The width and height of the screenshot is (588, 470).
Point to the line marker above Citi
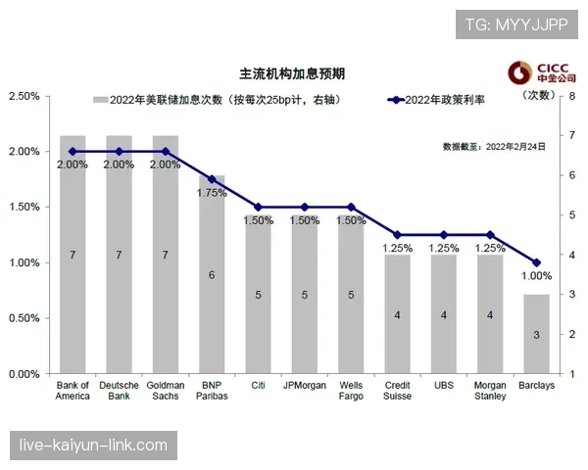click(x=258, y=208)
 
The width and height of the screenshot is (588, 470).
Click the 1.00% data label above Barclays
click(x=537, y=276)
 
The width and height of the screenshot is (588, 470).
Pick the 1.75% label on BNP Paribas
click(x=212, y=193)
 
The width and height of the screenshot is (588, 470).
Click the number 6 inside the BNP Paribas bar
click(x=212, y=275)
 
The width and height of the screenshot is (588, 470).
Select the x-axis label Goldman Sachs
click(x=166, y=391)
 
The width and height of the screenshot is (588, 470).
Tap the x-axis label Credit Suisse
click(x=397, y=391)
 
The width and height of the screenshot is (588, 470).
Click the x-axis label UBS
click(x=443, y=385)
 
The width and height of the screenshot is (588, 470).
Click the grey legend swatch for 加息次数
click(x=98, y=100)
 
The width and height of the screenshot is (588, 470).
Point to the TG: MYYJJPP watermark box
click(x=516, y=23)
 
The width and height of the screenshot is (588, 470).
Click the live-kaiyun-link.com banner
click(x=94, y=446)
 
